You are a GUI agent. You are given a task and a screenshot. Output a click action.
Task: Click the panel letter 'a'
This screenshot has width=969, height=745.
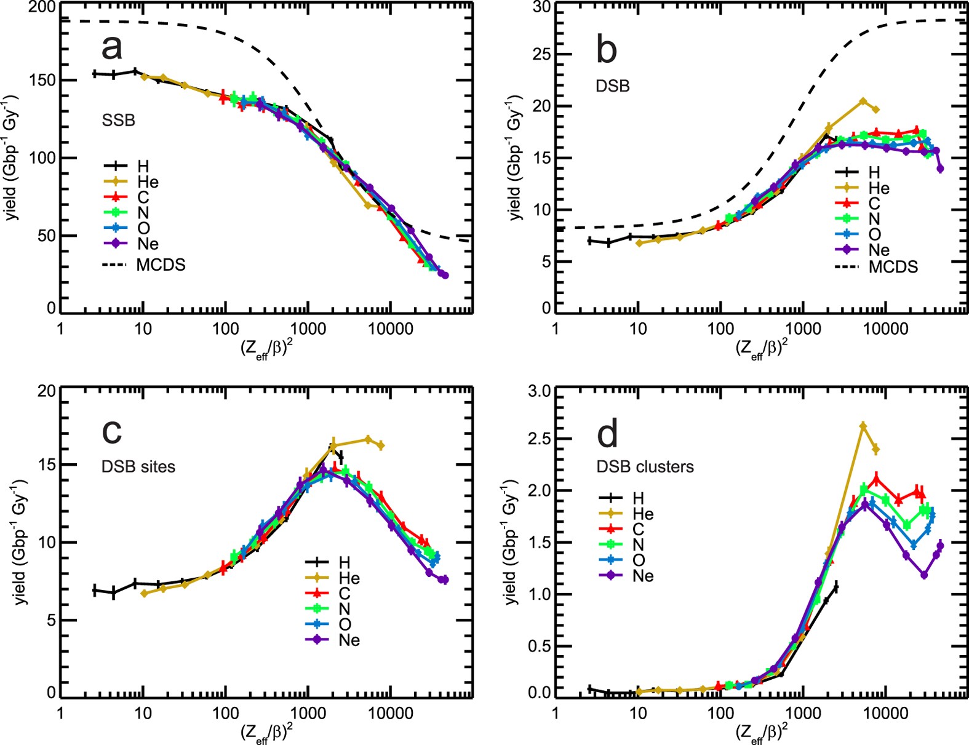[111, 47]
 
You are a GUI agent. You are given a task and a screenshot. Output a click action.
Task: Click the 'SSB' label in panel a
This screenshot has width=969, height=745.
[118, 120]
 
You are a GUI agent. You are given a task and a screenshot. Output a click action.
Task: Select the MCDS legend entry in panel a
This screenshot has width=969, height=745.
[160, 265]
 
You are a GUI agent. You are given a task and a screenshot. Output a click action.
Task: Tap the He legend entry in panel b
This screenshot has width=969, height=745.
[879, 188]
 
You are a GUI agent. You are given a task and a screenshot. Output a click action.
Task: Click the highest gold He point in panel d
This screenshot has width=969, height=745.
[863, 426]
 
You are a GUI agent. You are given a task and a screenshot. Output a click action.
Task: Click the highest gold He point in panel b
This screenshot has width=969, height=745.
[863, 101]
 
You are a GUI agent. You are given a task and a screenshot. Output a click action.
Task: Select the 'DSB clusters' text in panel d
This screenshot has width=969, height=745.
[645, 466]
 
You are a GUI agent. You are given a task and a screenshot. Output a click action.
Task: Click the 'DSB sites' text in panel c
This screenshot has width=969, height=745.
[138, 466]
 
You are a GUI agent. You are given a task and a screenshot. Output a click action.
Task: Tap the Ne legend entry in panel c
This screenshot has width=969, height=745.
[349, 640]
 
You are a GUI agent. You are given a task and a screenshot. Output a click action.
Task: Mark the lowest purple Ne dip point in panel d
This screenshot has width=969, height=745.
[923, 575]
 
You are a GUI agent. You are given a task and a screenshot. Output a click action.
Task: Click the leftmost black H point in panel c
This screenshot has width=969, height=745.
[94, 590]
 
